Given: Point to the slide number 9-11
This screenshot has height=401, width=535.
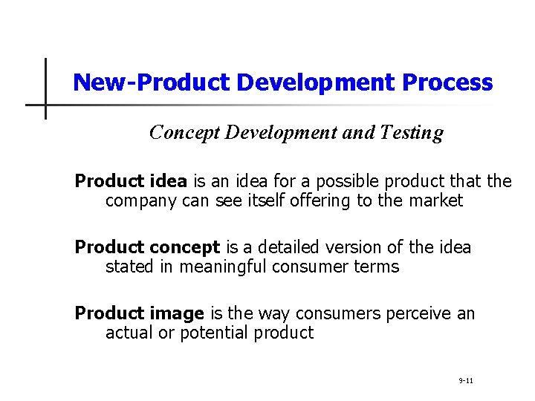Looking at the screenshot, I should point(466,381).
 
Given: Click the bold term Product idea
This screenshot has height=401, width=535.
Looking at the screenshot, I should point(132,181).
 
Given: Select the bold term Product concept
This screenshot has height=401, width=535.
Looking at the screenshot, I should point(147,247).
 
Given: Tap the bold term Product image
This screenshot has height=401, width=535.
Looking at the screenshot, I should point(140,313).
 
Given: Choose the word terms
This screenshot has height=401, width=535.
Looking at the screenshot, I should point(377,267).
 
